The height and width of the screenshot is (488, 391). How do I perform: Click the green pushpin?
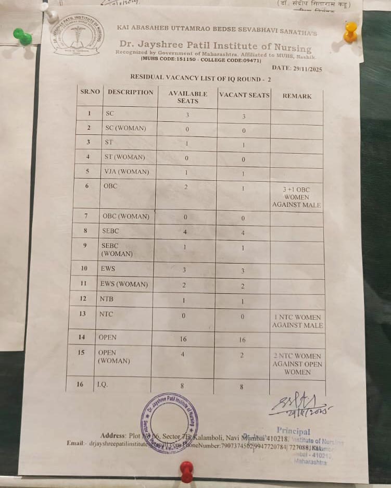(x=22, y=36)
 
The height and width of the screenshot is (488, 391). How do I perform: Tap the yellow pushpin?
(x=351, y=32)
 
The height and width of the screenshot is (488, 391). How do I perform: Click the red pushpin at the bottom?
(x=186, y=471)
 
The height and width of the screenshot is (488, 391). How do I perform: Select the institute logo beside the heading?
(x=77, y=35)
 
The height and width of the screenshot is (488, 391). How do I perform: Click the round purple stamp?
(x=169, y=422)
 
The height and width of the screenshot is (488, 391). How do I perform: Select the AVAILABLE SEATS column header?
(x=187, y=97)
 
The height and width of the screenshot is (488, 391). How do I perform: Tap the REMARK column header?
(x=297, y=96)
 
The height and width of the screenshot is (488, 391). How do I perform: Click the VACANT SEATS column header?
(x=244, y=95)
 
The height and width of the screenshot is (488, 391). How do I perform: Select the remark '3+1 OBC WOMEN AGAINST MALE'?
(x=297, y=197)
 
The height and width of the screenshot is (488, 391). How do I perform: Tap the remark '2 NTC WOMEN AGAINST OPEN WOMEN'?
(x=297, y=364)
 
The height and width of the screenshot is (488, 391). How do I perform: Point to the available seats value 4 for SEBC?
(x=185, y=232)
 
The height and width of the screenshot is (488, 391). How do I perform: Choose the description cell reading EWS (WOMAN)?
(x=123, y=284)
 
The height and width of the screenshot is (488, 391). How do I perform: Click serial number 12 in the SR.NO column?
(x=83, y=299)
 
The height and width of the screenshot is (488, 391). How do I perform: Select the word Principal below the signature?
(x=293, y=431)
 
